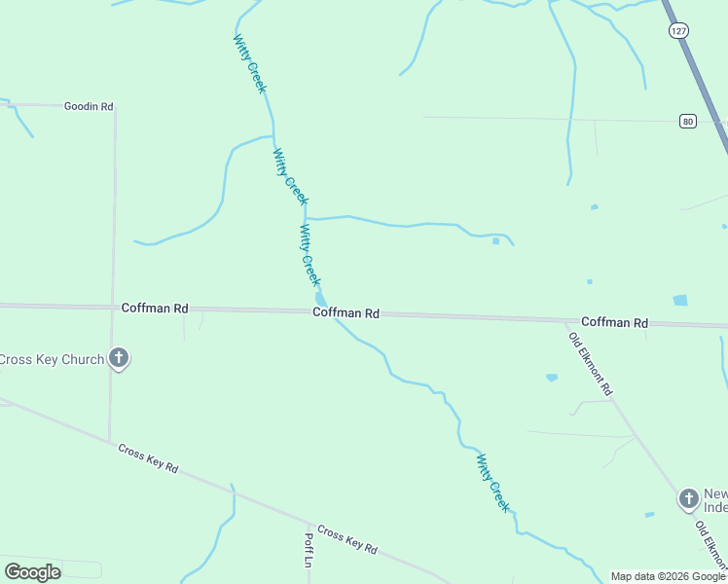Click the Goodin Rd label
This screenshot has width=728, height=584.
89,106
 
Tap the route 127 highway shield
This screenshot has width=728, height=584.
678,31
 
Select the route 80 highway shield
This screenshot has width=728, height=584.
688,121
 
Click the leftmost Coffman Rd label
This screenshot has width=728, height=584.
155,308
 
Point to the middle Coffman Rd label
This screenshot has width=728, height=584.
346,313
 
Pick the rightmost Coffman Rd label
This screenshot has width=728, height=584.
614,322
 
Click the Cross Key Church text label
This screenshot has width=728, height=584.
52,359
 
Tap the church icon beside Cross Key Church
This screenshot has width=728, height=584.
119,359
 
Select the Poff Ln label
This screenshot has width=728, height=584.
308,549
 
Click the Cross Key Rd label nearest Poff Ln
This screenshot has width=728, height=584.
346,540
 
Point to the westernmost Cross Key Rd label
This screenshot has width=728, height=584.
148,458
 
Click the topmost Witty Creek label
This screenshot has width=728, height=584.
249,63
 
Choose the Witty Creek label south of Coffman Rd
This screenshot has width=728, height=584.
492,483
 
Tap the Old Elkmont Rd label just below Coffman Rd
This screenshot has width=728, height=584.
591,362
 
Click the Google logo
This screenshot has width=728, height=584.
33,571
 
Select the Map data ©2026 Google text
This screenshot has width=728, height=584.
669,576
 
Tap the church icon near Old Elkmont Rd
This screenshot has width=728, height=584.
689,499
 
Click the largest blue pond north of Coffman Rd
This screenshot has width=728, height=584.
679,301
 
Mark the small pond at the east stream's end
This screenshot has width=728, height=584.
496,241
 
